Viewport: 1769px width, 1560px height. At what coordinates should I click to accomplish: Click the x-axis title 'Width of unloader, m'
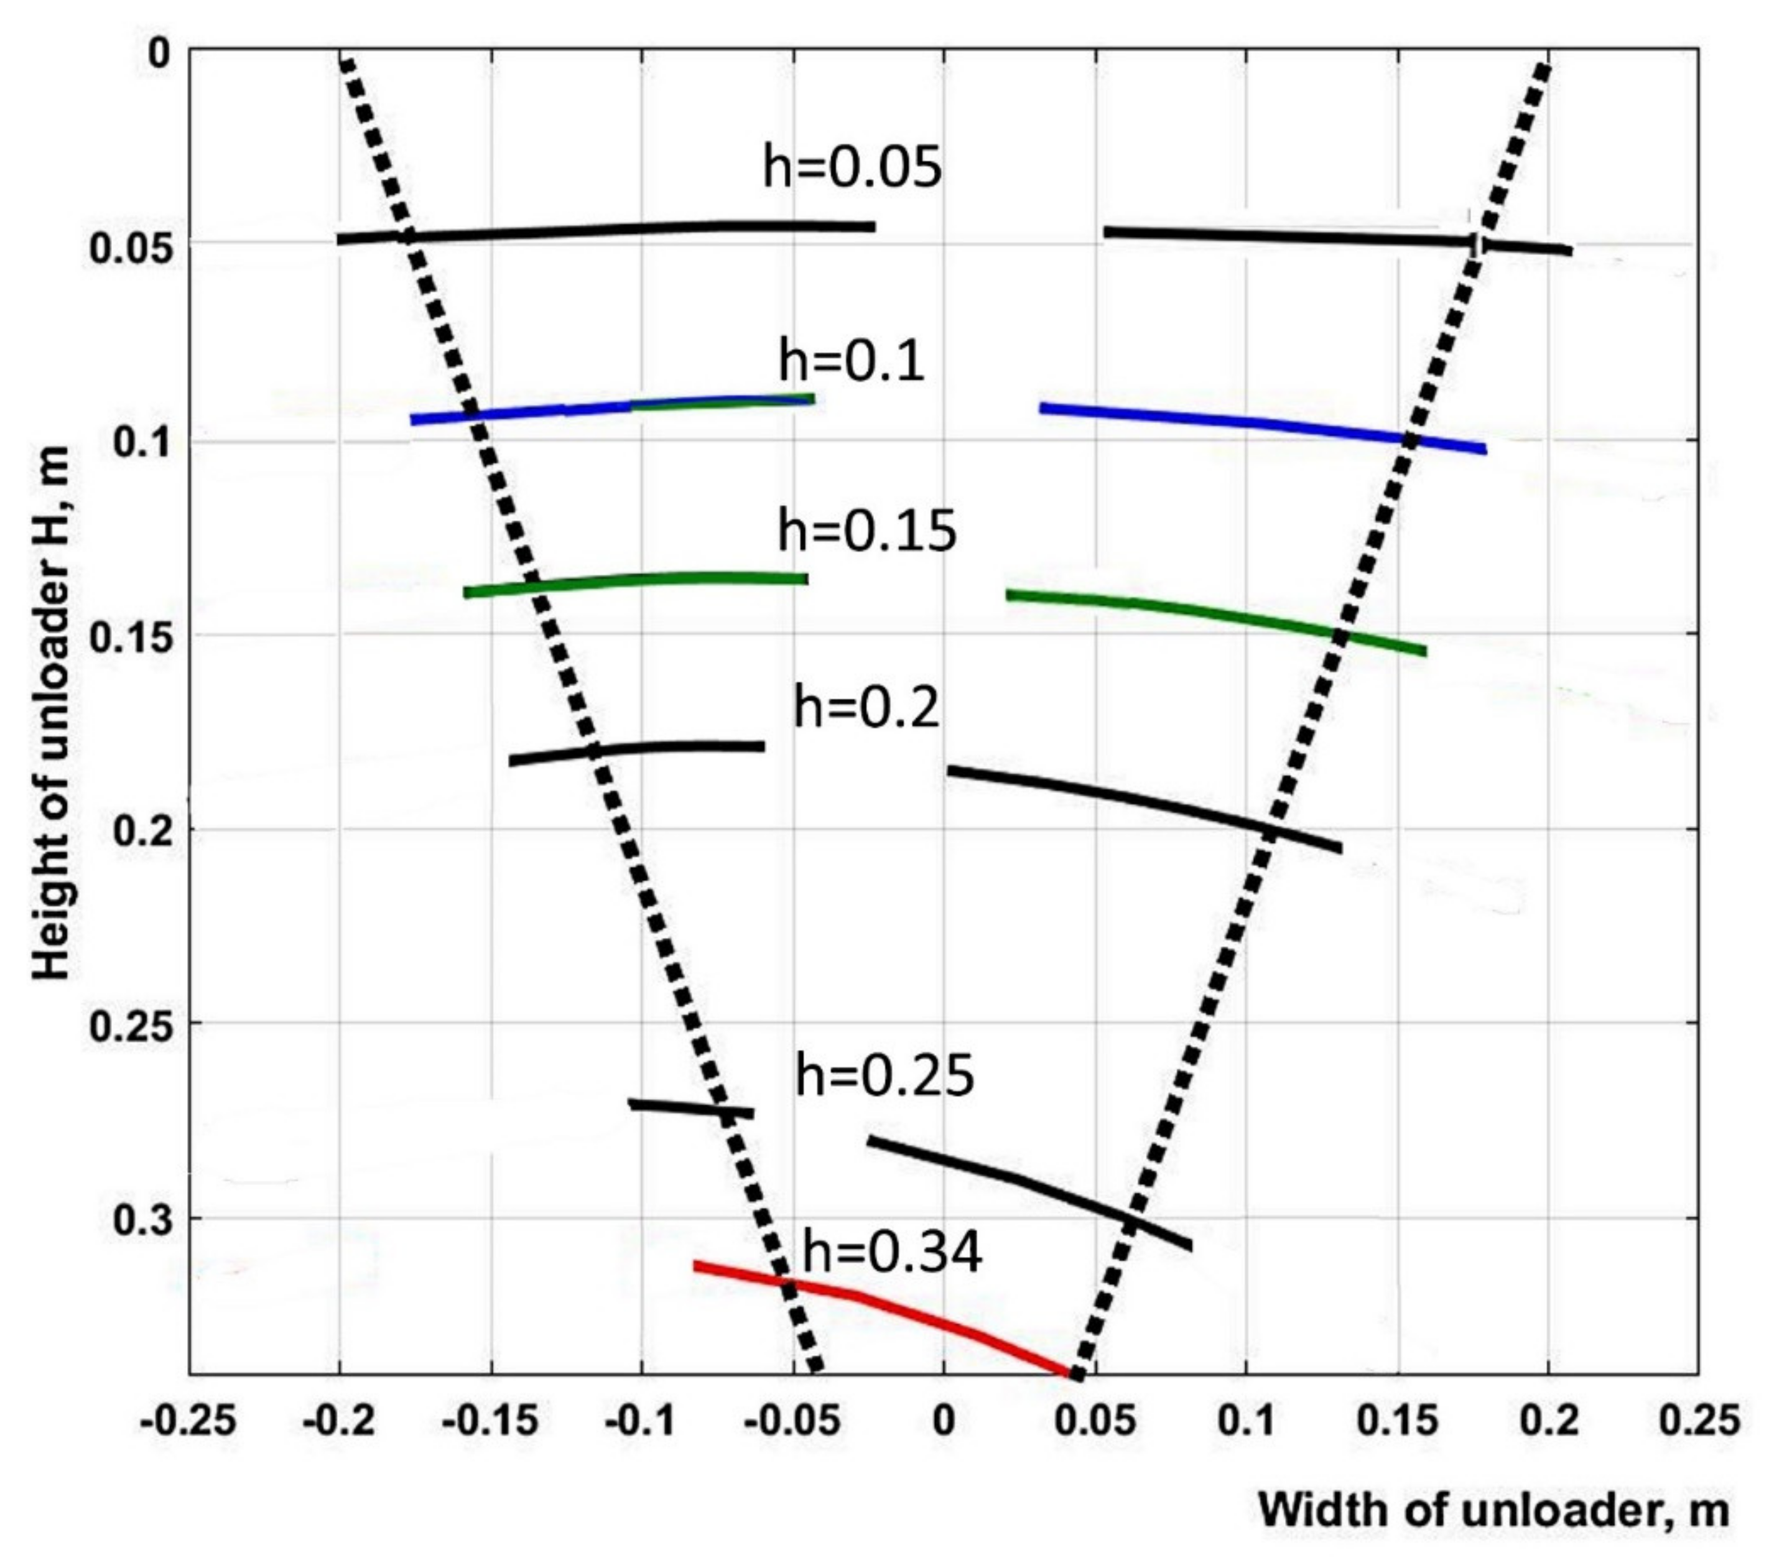[1493, 1510]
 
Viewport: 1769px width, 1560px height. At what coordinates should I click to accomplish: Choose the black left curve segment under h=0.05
[606, 231]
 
